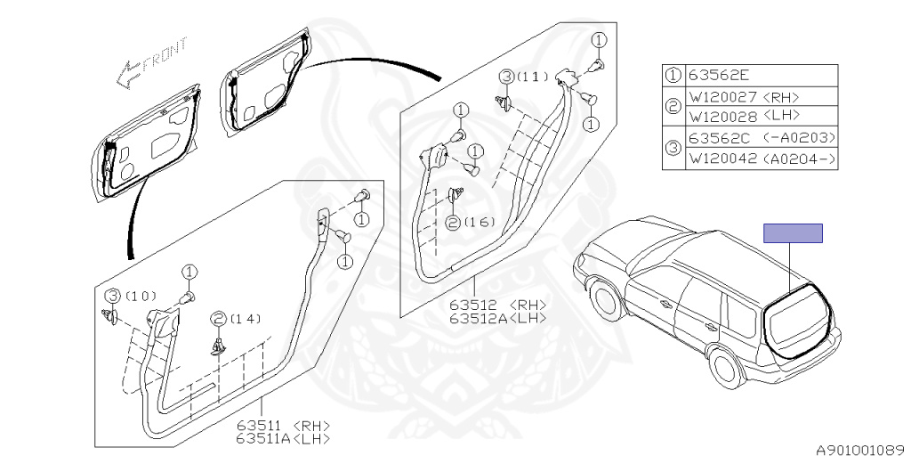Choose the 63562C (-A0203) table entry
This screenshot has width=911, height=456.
(x=762, y=138)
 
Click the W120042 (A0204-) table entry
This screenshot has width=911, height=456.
(x=762, y=159)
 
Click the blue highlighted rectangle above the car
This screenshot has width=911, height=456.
(x=793, y=233)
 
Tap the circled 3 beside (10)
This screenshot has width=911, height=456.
(x=113, y=296)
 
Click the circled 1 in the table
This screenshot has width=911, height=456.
(x=674, y=76)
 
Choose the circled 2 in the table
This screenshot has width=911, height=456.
(x=674, y=106)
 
